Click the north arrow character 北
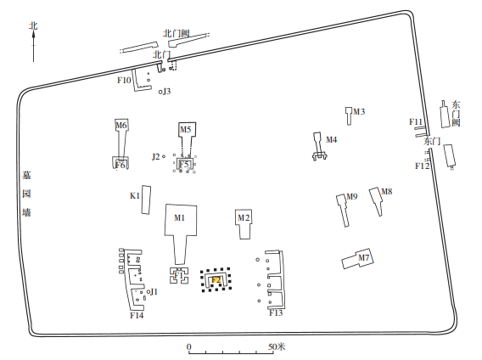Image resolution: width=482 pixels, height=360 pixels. click(x=33, y=25)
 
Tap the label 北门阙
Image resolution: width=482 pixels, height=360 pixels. click(x=177, y=33)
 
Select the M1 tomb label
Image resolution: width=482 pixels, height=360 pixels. click(x=180, y=218)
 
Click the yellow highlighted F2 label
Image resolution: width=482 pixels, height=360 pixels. click(x=216, y=279)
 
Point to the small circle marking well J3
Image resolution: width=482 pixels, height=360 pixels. click(x=160, y=92)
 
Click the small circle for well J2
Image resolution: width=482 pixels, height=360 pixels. click(x=164, y=156)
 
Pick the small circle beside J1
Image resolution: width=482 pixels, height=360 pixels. click(x=149, y=291)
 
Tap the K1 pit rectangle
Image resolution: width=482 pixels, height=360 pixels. click(x=146, y=200)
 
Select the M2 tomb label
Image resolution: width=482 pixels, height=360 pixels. click(x=244, y=218)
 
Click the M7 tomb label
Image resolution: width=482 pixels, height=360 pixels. click(x=364, y=257)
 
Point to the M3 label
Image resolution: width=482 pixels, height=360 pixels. click(x=359, y=111)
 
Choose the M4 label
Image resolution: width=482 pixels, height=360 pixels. click(x=331, y=140)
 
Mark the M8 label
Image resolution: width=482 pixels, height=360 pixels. click(x=387, y=191)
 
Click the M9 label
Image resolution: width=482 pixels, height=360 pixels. click(x=352, y=196)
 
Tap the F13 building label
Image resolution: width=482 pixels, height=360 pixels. click(x=276, y=313)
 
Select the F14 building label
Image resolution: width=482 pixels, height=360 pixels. click(x=137, y=315)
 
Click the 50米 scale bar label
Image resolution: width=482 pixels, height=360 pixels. click(x=277, y=346)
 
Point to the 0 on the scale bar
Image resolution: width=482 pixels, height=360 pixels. click(x=188, y=346)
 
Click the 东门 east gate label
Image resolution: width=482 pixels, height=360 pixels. click(x=432, y=141)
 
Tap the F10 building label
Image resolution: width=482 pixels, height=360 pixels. click(x=124, y=81)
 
